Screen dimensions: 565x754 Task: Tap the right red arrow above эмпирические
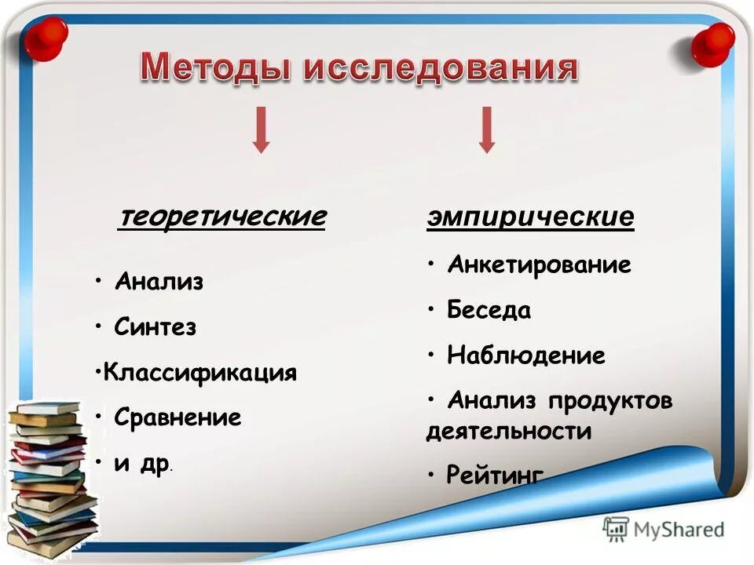tap(487, 129)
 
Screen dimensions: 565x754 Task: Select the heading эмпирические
tap(530, 217)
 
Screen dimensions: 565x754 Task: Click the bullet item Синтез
tap(155, 327)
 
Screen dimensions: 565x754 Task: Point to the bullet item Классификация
tap(200, 372)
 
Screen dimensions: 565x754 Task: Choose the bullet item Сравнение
tap(178, 417)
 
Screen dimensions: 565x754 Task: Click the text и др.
tap(141, 463)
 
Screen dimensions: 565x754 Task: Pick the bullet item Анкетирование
tap(539, 265)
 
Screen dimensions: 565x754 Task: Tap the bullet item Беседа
tap(489, 311)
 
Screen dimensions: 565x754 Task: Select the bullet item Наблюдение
tap(525, 356)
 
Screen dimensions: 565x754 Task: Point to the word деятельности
tap(508, 431)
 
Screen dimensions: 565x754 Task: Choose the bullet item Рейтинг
tap(494, 475)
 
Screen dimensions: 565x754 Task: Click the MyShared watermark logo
tap(664, 529)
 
